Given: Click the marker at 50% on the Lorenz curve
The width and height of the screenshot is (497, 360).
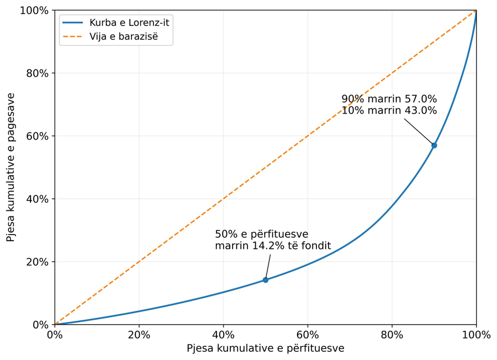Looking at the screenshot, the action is click(x=265, y=280).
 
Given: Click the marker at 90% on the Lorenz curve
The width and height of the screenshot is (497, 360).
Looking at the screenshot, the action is click(x=434, y=145).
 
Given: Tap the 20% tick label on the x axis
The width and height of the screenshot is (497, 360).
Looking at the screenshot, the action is click(x=139, y=335).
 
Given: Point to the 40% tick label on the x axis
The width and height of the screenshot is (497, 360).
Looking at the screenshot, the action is click(x=224, y=335).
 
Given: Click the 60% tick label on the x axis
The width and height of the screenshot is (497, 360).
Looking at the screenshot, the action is click(x=308, y=335).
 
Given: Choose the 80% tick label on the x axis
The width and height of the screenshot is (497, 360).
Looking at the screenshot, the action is click(x=392, y=335).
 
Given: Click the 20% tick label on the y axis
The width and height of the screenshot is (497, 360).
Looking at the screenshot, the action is click(x=38, y=262).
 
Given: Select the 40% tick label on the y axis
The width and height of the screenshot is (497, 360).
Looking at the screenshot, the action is click(x=38, y=199).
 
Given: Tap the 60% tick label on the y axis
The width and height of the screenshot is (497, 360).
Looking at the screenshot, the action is click(x=38, y=136).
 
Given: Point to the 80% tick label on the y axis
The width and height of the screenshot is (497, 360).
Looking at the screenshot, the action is click(x=38, y=73).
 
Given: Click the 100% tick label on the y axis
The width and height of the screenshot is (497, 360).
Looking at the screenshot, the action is click(x=34, y=10).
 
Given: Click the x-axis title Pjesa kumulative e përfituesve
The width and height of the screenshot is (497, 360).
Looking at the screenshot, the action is click(x=265, y=348).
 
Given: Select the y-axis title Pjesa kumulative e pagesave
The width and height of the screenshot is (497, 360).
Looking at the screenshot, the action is click(x=10, y=167).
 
